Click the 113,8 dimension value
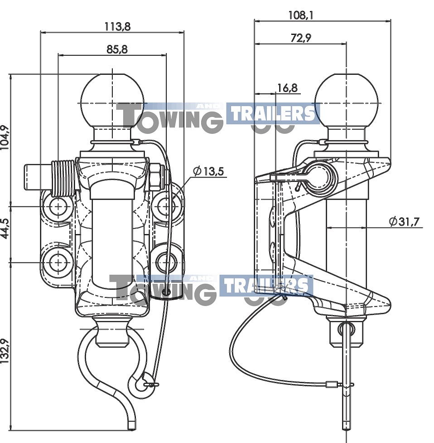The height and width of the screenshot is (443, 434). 117,26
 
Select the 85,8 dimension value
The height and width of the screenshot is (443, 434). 117,49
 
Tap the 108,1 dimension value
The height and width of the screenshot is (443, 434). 301,15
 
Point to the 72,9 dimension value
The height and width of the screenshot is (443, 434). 301,38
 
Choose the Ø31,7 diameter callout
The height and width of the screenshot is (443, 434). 404,221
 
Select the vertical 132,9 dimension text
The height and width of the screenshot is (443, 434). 5,351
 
